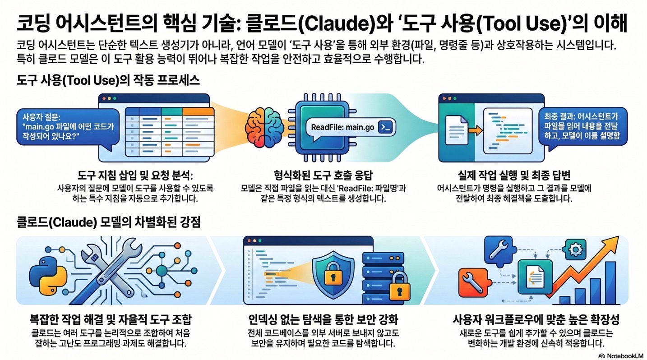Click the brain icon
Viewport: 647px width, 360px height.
264,128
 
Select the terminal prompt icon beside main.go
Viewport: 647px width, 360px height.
386,128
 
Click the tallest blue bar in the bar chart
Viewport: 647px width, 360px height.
610,283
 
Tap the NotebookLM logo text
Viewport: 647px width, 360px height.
623,355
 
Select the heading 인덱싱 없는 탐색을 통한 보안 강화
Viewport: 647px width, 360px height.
323,320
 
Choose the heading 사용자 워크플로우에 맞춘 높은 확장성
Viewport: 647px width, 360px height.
536,320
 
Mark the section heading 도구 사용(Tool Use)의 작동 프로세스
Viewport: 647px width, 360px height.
108,81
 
